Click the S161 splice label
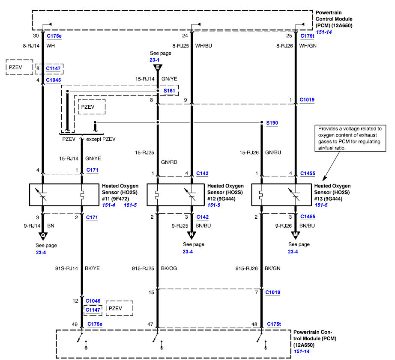169,91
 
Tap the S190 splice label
272,123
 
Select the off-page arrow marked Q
43,236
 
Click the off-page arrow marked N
192,235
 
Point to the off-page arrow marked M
296,235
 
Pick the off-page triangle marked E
158,68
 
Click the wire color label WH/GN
308,46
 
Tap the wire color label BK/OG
169,268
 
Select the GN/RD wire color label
169,162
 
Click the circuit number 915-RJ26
246,269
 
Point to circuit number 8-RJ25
180,46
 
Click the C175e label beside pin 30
54,36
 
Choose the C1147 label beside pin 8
53,68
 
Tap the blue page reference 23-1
154,60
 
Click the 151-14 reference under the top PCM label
324,32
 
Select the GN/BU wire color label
273,152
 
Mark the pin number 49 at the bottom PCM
75,324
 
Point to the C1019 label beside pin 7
272,292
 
